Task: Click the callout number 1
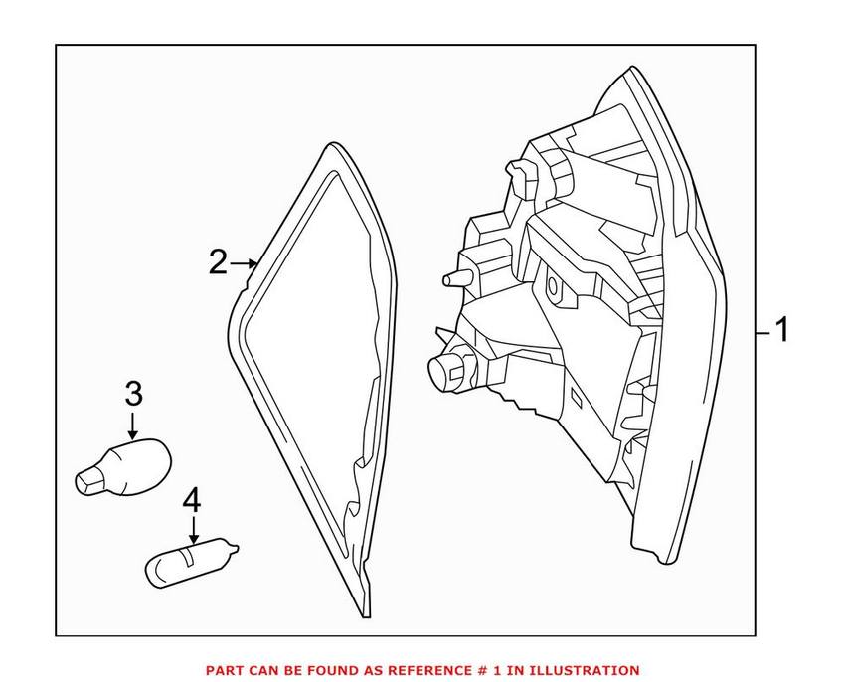tap(781, 329)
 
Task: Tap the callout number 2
tap(218, 263)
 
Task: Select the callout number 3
tap(134, 394)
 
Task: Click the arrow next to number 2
tap(245, 263)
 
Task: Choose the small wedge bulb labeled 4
tap(193, 561)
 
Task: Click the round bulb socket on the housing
tap(445, 369)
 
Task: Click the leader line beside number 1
tap(761, 330)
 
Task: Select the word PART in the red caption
tap(222, 670)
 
